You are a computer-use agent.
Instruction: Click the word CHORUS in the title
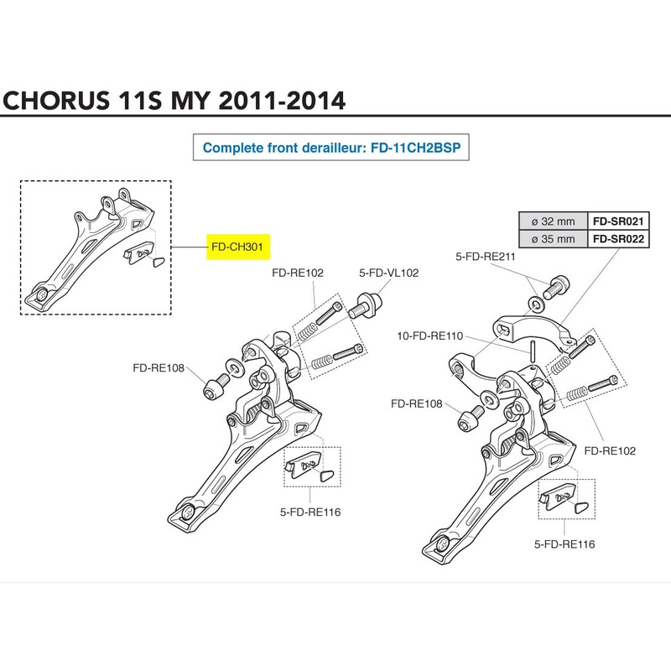coord(53,101)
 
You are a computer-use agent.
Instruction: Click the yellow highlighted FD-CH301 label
coord(242,249)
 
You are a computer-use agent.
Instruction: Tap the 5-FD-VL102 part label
coord(388,273)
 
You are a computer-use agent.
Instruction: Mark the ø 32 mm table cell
coord(554,221)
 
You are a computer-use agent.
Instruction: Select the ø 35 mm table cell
coord(554,238)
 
